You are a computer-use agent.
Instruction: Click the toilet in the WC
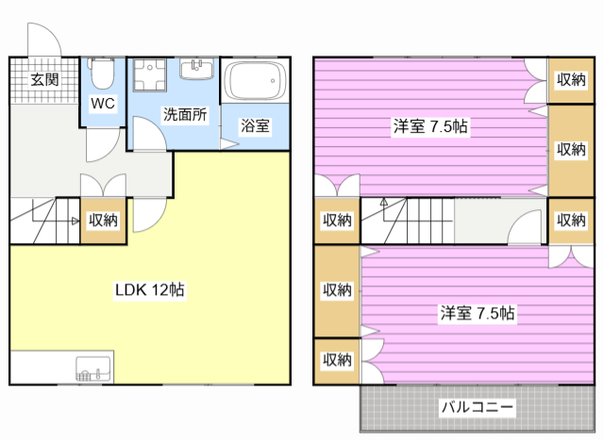click(102, 73)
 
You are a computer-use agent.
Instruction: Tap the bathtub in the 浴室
click(256, 80)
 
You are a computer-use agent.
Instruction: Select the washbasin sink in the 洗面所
click(196, 69)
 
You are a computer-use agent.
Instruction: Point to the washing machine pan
click(150, 74)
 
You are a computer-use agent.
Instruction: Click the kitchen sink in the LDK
click(93, 368)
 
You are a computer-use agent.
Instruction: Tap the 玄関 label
click(44, 80)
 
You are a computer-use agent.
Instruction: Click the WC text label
click(103, 104)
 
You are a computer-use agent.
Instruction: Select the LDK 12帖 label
click(150, 289)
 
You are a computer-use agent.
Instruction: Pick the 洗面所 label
click(185, 114)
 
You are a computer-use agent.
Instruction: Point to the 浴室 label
click(255, 125)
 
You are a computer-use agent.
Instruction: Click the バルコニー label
click(478, 406)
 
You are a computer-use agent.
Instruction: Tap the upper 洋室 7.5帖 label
click(430, 126)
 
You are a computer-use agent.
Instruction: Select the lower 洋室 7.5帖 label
click(478, 314)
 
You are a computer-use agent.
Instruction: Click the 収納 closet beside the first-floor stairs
click(103, 220)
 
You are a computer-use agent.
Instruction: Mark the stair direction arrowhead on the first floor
click(75, 220)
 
